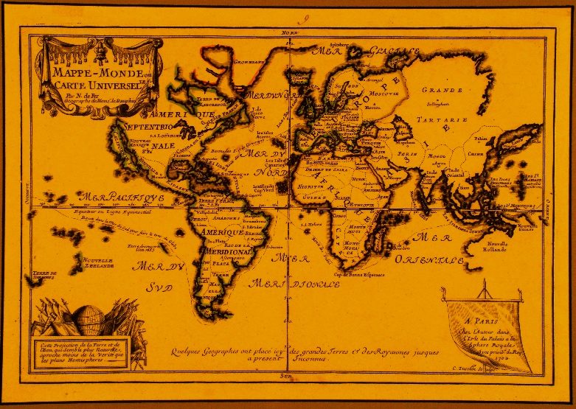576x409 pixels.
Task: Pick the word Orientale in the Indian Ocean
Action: (x=428, y=259)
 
